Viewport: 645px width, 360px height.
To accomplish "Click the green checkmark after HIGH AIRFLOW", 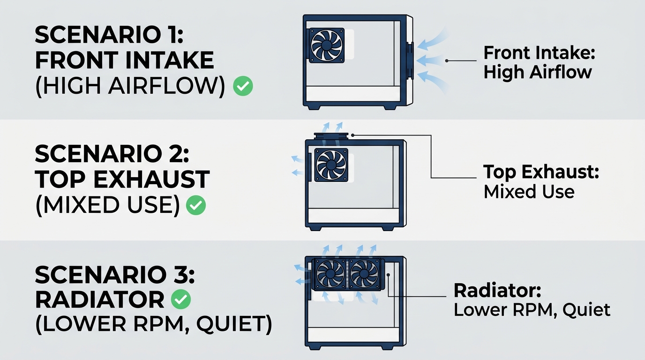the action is pyautogui.click(x=243, y=86).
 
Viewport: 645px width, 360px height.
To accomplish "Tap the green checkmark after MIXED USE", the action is pyautogui.click(x=196, y=205).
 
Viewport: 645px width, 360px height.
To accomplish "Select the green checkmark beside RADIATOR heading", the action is pyautogui.click(x=181, y=299).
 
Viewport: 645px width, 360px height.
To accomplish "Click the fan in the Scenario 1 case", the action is pyautogui.click(x=327, y=45).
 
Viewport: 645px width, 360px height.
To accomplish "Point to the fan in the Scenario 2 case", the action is pyautogui.click(x=331, y=165).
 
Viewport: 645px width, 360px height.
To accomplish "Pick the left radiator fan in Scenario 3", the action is pyautogui.click(x=330, y=274).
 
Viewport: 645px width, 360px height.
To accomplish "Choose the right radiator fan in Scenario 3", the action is pyautogui.click(x=365, y=274).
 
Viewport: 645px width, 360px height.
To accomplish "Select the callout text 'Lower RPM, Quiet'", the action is pyautogui.click(x=532, y=310).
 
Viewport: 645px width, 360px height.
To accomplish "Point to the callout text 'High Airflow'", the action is pyautogui.click(x=538, y=72).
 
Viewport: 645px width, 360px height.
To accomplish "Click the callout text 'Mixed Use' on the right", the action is pyautogui.click(x=529, y=192).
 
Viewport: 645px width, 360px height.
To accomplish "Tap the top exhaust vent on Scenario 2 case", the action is pyautogui.click(x=331, y=136).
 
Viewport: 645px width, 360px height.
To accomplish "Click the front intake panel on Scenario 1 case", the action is pyautogui.click(x=410, y=61).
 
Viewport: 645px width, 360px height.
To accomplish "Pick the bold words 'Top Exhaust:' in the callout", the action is pyautogui.click(x=541, y=172).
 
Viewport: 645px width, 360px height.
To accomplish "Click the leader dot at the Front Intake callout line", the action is pyautogui.click(x=447, y=61).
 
